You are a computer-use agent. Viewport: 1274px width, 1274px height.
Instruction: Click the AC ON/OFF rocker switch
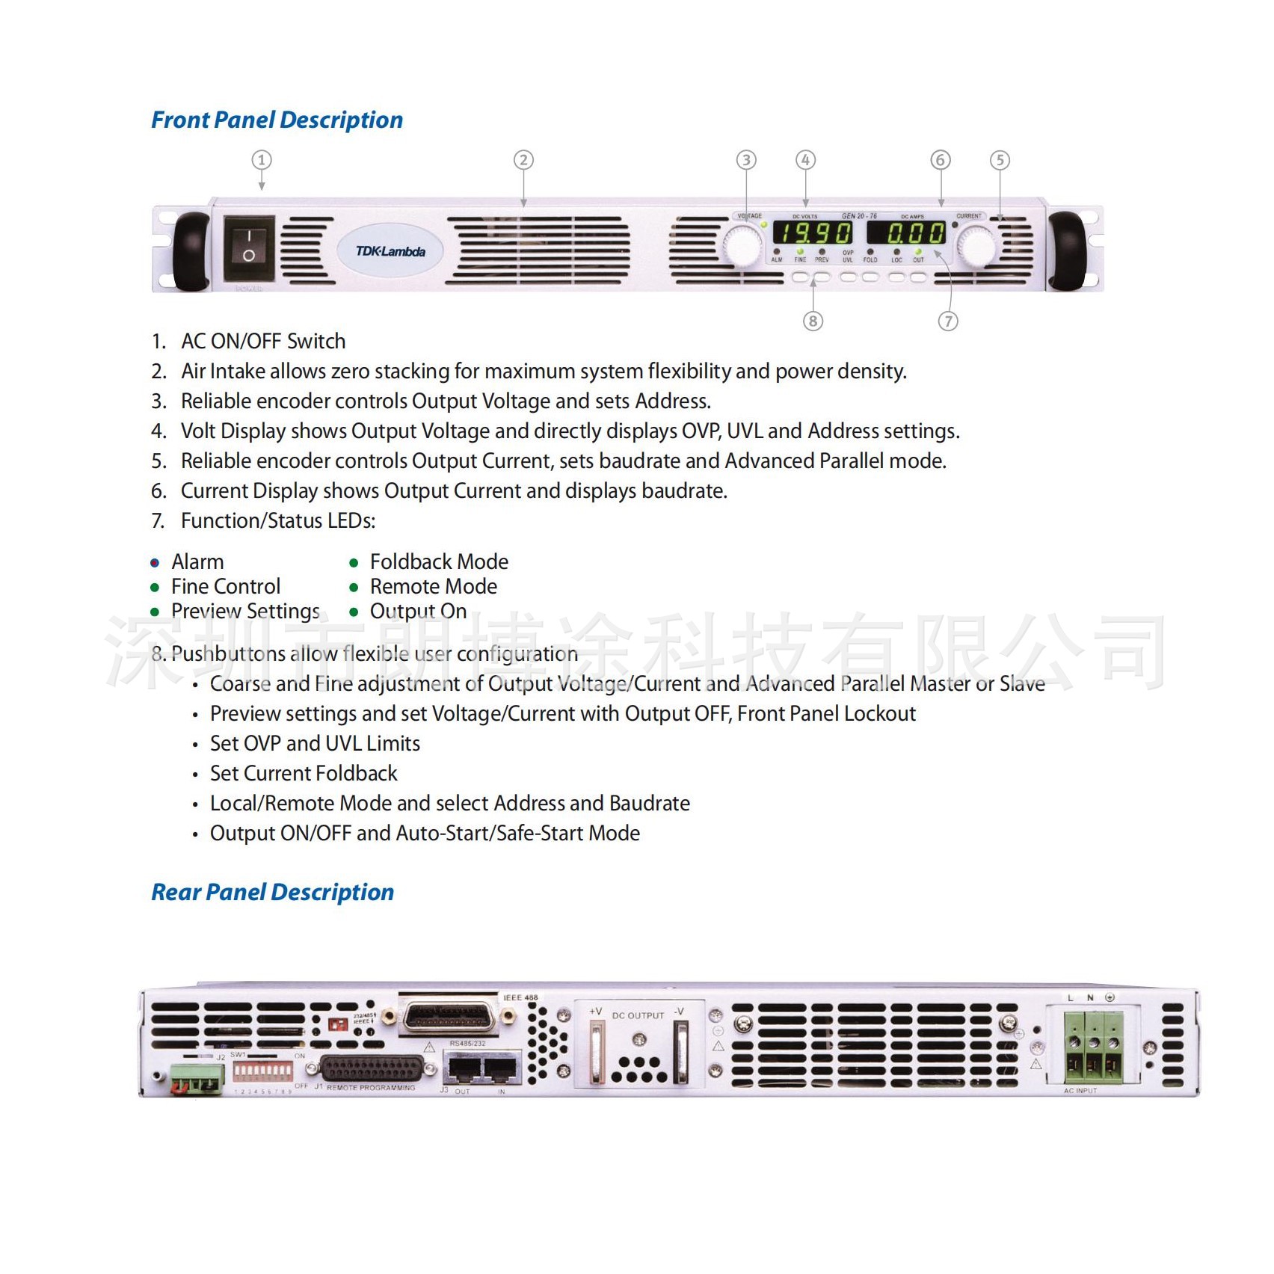[249, 244]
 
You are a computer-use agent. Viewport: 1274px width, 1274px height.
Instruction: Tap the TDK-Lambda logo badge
[390, 251]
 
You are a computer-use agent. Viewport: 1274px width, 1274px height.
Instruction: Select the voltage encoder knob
[742, 246]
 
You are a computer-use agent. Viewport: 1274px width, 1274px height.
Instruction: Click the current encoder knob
[976, 246]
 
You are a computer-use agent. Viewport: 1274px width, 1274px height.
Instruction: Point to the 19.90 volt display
[812, 233]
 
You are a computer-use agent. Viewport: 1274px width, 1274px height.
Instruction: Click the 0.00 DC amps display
[906, 233]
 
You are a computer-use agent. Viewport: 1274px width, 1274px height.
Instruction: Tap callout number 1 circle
[261, 160]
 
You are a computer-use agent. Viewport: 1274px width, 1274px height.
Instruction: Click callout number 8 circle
[813, 321]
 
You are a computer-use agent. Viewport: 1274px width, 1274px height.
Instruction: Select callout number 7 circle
[948, 321]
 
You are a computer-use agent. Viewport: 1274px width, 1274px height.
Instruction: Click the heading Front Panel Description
[277, 120]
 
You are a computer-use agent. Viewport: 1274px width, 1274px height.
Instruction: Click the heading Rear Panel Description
[272, 893]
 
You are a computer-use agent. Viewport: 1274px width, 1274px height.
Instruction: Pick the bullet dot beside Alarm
[155, 563]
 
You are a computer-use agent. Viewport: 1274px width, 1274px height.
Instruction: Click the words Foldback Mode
[439, 562]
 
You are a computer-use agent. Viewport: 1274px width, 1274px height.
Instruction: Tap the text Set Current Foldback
[304, 774]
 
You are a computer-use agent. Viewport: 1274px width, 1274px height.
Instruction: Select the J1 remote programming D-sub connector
[372, 1068]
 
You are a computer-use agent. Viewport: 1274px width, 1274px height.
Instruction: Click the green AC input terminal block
[1094, 1046]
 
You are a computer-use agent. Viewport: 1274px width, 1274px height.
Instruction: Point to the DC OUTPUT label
[638, 1016]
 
